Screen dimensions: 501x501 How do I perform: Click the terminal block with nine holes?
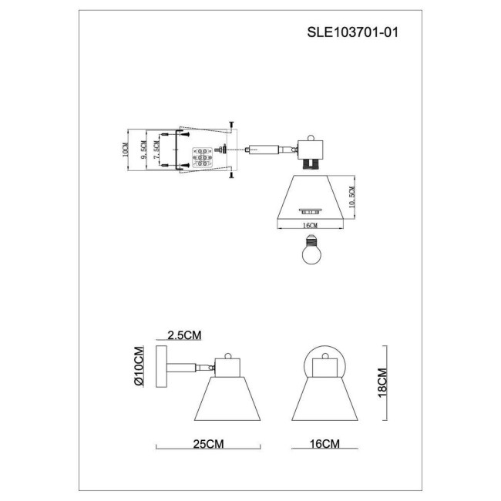201,156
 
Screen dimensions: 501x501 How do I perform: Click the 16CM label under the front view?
324,444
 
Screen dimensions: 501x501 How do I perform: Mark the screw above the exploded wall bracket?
231,123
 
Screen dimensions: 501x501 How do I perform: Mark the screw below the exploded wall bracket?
231,177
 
